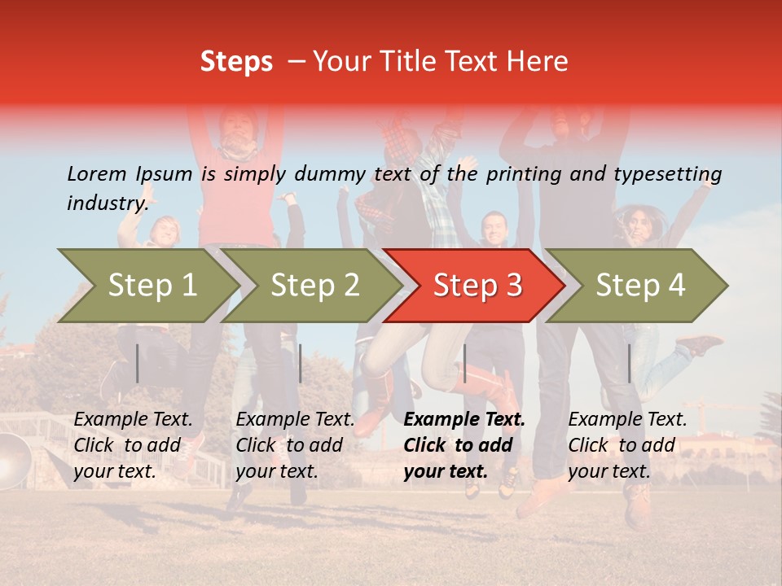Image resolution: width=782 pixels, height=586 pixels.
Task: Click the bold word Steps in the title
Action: [x=236, y=62]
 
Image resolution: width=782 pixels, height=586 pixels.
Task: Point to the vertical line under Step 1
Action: [x=138, y=363]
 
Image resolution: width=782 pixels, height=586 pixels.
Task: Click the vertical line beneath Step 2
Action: [x=301, y=363]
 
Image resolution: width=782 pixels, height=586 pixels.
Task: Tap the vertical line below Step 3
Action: [x=464, y=363]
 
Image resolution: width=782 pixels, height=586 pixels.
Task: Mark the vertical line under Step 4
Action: [x=629, y=363]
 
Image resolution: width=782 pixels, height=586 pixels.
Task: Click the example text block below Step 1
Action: [x=133, y=445]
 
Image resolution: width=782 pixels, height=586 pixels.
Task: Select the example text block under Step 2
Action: [x=295, y=445]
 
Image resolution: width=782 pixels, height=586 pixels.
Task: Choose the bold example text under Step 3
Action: [x=464, y=445]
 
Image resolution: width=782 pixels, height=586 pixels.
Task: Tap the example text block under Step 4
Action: [x=627, y=445]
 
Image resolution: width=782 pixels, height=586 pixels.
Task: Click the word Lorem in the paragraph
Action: [x=96, y=173]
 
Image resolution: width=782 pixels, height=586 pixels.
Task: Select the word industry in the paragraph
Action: [x=108, y=203]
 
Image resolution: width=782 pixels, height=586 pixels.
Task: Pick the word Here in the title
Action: [x=538, y=62]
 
